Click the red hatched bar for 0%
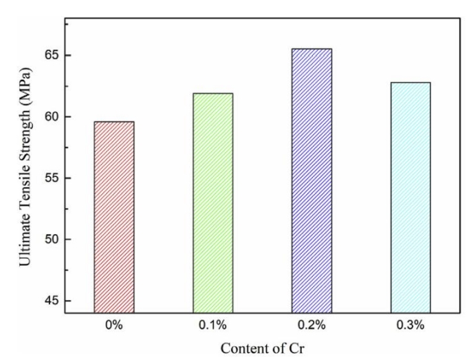(x=114, y=217)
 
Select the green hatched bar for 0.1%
(x=213, y=203)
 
